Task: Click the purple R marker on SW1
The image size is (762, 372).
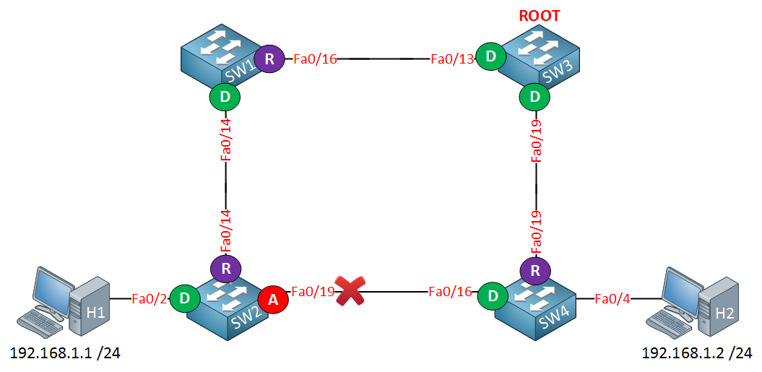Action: coord(269,59)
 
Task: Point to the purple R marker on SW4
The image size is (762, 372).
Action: coord(535,271)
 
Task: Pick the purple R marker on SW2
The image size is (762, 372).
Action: coord(225,269)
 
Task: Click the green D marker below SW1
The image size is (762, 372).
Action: coord(225,96)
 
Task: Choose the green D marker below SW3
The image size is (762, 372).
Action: coord(535,95)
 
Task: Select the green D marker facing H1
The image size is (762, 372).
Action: coord(184,298)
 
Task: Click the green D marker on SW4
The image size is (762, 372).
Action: coord(493,297)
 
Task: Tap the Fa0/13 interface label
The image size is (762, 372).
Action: coord(452,59)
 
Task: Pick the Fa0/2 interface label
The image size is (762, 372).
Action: coord(150,298)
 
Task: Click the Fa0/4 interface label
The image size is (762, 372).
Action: coord(612,298)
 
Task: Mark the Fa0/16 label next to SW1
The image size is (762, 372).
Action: coord(315,59)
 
